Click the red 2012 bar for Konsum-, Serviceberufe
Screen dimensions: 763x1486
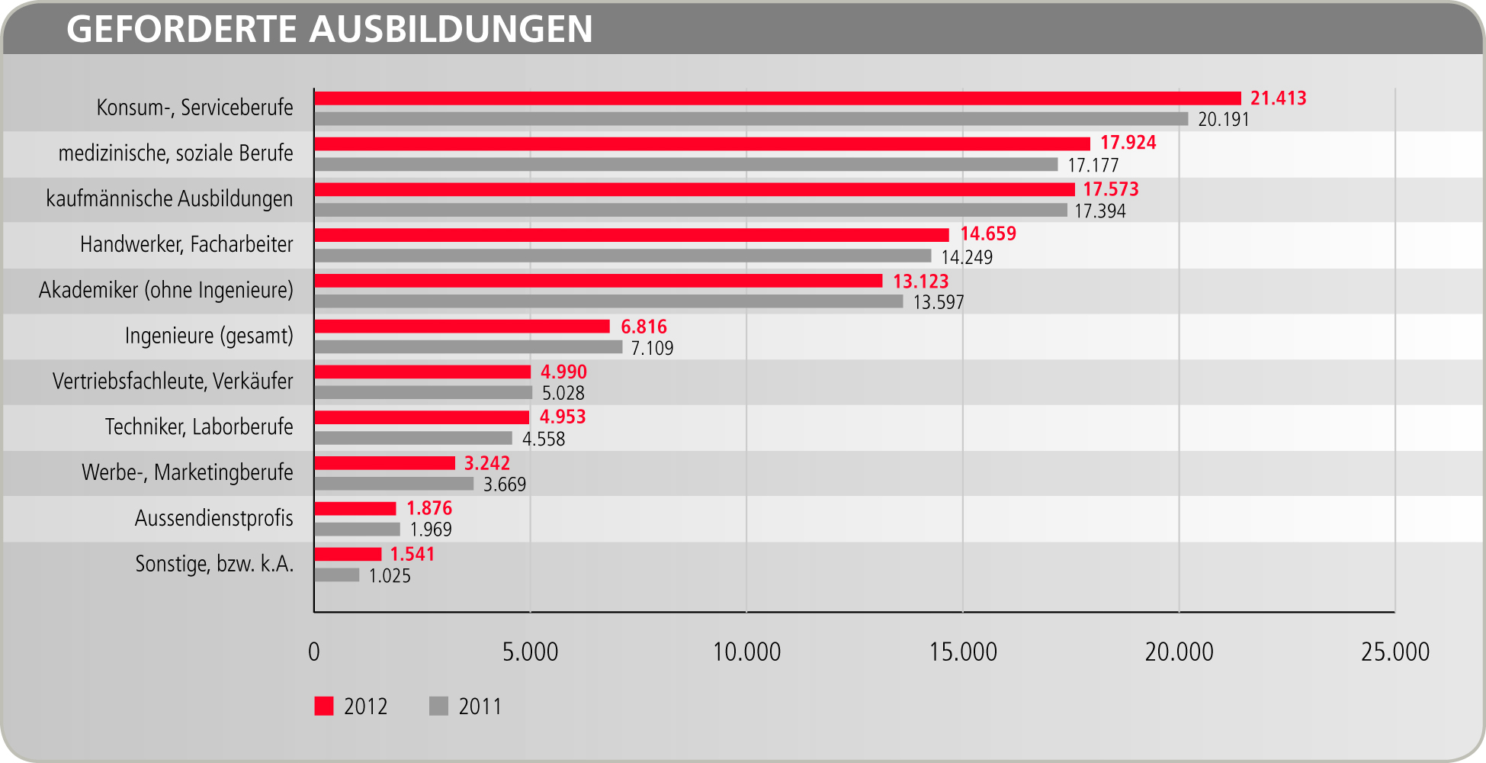(x=778, y=98)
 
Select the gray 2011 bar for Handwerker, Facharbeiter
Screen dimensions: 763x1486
(x=622, y=256)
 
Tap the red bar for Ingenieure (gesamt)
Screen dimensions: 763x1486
(x=462, y=327)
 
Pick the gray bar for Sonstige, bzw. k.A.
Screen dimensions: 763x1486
(x=336, y=575)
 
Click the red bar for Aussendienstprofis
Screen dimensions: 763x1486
(x=355, y=509)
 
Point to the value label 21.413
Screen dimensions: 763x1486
(x=1278, y=98)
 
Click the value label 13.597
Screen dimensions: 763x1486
(x=939, y=303)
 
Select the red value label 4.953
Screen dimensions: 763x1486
(x=563, y=417)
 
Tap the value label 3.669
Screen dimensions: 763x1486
(x=505, y=485)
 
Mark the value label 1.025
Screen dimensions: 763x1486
(x=390, y=576)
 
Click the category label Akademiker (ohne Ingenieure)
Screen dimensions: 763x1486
(x=166, y=291)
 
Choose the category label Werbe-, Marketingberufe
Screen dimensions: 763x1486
(x=188, y=473)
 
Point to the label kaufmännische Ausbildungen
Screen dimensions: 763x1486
(x=169, y=199)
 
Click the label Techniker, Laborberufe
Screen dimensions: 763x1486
(x=199, y=427)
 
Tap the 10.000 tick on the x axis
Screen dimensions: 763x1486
(x=746, y=652)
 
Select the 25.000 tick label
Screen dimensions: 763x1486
(x=1395, y=652)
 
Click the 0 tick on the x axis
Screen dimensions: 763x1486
(x=314, y=652)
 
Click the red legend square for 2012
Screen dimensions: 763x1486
(x=324, y=707)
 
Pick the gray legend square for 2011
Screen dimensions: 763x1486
(x=438, y=707)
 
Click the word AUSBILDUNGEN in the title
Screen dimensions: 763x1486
(x=451, y=30)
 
